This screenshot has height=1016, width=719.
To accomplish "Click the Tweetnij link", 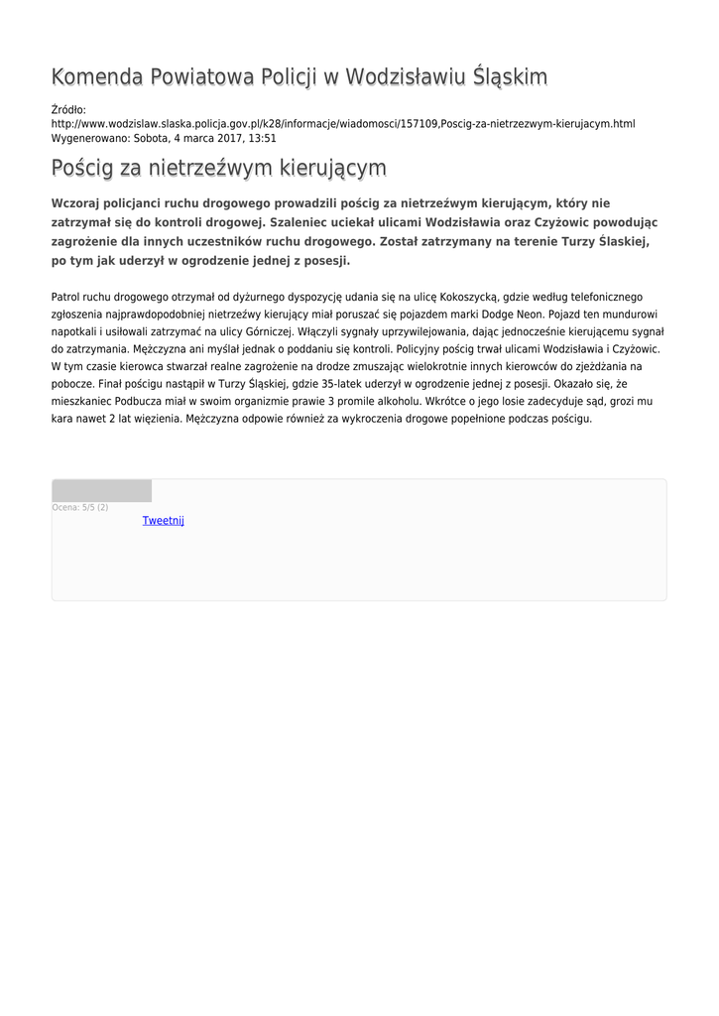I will [163, 521].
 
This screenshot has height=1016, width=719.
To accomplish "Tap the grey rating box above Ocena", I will [101, 491].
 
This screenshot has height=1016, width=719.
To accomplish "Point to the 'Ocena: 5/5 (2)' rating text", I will [80, 508].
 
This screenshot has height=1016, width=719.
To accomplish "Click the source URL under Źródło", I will [342, 124].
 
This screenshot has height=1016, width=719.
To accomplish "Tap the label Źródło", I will [68, 109].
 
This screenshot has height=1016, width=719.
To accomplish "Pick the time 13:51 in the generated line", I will [262, 139].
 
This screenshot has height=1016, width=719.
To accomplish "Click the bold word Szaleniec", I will [303, 222].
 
